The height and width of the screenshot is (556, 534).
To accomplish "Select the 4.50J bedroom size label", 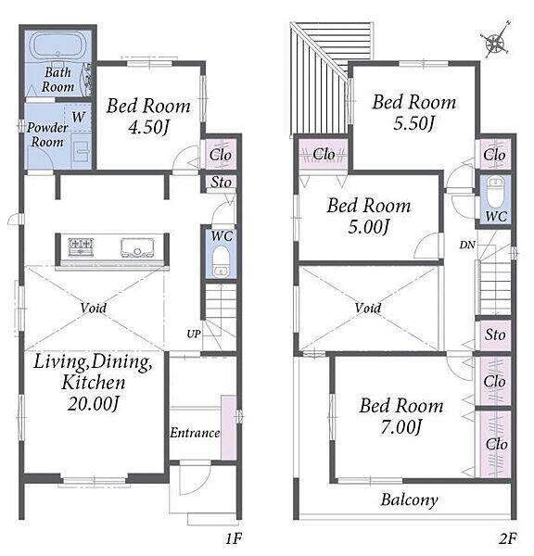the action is pyautogui.click(x=148, y=127).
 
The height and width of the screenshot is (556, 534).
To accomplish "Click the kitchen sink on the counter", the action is pyautogui.click(x=137, y=247).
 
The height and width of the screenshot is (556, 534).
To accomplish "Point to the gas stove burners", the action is pyautogui.click(x=81, y=246).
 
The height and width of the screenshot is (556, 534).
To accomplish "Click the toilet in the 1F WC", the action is pyautogui.click(x=221, y=261).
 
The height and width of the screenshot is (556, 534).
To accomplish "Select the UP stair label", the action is pyautogui.click(x=194, y=334).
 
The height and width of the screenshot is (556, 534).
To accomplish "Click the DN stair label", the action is pyautogui.click(x=467, y=245).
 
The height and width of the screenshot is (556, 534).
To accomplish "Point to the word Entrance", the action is pyautogui.click(x=195, y=433).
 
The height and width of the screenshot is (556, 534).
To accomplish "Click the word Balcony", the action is pyautogui.click(x=410, y=500).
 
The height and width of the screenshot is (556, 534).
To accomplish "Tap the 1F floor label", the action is pyautogui.click(x=234, y=538).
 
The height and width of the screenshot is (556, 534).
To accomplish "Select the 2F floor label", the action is pyautogui.click(x=508, y=538).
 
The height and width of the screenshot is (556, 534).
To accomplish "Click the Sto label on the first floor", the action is pyautogui.click(x=221, y=183).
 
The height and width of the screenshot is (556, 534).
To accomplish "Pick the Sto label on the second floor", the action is pyautogui.click(x=495, y=335).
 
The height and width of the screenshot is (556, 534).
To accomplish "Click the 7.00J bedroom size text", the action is pyautogui.click(x=400, y=427).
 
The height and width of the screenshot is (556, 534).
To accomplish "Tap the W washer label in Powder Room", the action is pyautogui.click(x=79, y=117).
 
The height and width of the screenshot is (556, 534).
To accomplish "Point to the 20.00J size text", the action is pyautogui.click(x=93, y=403).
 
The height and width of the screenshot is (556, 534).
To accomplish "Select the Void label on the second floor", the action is pyautogui.click(x=368, y=308).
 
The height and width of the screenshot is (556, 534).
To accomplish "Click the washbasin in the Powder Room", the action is pyautogui.click(x=82, y=152).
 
